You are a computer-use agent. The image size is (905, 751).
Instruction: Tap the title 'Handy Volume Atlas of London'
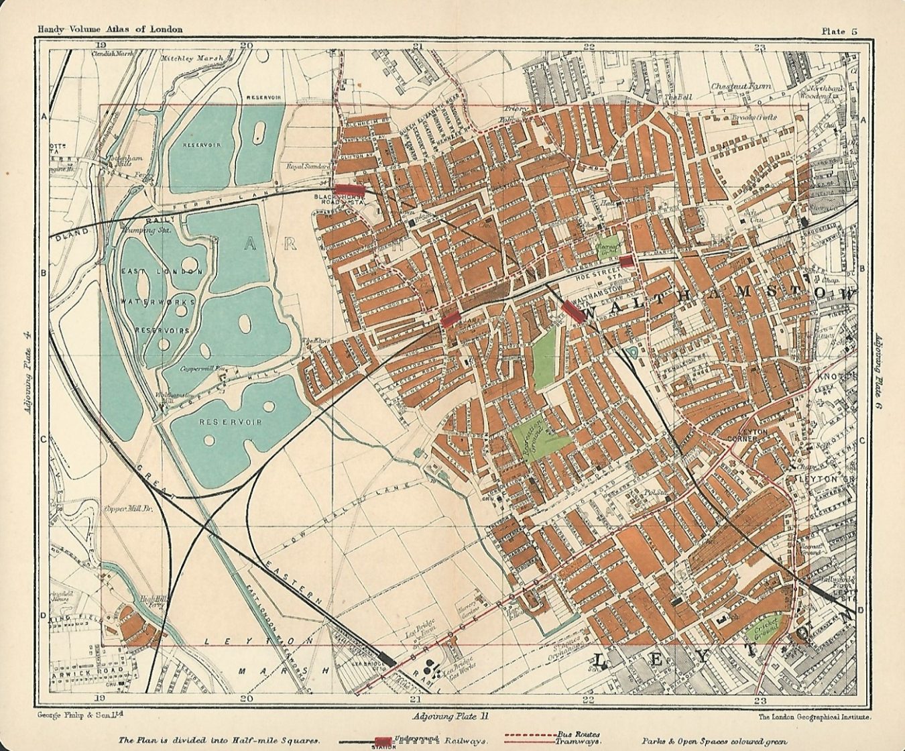pyautogui.click(x=101, y=29)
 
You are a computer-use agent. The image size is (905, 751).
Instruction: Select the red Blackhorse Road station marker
pyautogui.click(x=350, y=190)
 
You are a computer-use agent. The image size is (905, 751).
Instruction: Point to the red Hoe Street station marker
pyautogui.click(x=626, y=261)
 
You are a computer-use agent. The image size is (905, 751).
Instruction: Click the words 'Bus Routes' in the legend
pyautogui.click(x=578, y=734)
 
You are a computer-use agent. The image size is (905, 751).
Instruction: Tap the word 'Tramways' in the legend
pyautogui.click(x=577, y=742)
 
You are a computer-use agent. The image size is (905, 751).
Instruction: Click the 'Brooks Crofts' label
pyautogui.click(x=753, y=117)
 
